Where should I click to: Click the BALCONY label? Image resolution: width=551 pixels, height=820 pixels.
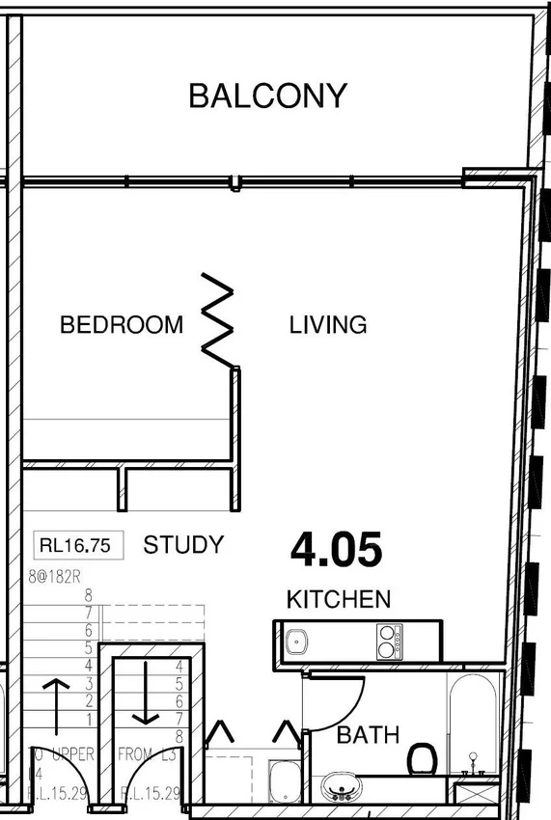coord(267,96)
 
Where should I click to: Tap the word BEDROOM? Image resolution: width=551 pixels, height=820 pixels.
coord(121,325)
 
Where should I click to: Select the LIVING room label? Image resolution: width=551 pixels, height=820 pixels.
coord(328,325)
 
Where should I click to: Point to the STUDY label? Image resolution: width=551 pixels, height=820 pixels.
coord(183,545)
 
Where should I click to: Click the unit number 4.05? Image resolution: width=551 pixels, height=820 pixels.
coord(337,550)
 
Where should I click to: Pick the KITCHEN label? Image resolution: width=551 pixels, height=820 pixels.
coord(339,599)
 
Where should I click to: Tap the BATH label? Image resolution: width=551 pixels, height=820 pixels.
coord(368,735)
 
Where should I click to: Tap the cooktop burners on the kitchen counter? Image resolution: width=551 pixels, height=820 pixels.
coord(389,642)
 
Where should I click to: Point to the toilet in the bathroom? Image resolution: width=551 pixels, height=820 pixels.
coord(421,758)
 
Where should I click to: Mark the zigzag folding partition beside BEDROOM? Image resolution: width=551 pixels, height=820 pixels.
coord(218,318)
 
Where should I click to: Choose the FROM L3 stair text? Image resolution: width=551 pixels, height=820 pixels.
coord(147,754)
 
